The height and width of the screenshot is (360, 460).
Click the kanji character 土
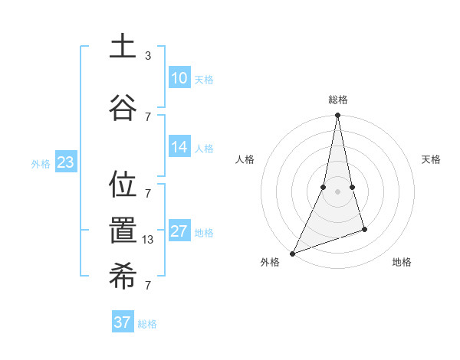coord(123,47)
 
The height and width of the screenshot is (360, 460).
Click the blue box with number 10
coord(179,78)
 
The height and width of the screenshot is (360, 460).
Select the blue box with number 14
coord(179,148)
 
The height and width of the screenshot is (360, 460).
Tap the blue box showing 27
coord(179,231)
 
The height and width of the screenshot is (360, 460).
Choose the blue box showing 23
coord(65,162)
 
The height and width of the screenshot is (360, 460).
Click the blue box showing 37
coord(123,322)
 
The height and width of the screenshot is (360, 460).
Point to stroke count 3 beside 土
coord(148,56)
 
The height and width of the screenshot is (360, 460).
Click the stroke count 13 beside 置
coord(148,239)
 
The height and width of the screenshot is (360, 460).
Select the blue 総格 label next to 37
coord(147,324)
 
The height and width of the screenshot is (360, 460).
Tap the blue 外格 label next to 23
coord(41,163)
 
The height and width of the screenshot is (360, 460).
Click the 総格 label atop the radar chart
coord(338,100)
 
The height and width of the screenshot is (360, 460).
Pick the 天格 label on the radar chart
coord(432,159)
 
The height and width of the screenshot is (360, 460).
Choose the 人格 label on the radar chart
coord(245,159)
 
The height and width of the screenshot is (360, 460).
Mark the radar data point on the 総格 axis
coord(337,116)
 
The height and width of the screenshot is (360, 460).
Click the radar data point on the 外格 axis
coord(292,253)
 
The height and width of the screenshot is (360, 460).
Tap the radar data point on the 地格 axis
coord(364,229)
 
